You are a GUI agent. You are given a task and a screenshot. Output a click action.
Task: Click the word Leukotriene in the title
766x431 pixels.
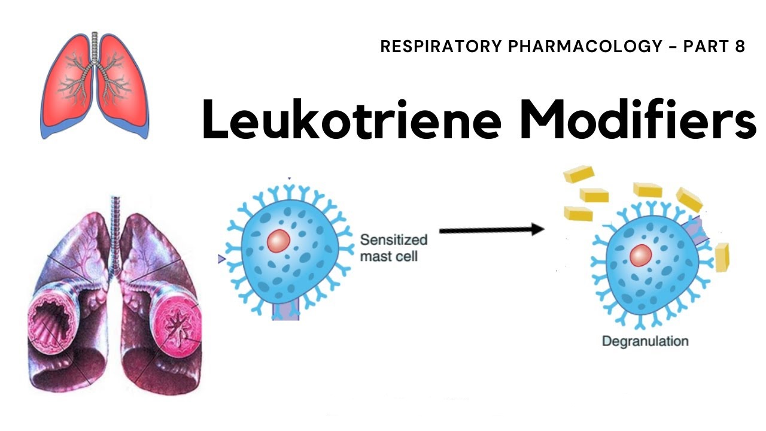click(x=352, y=119)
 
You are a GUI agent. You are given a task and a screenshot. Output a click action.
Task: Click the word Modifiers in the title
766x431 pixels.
click(x=637, y=119)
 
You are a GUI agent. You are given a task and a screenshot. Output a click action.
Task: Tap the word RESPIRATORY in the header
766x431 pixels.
click(x=441, y=46)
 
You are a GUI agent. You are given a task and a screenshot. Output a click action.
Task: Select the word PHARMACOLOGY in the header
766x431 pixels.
click(x=585, y=46)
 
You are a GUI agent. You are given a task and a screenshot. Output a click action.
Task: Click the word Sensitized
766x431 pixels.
click(x=394, y=240)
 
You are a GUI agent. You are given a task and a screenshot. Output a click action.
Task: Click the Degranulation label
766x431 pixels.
click(x=645, y=341)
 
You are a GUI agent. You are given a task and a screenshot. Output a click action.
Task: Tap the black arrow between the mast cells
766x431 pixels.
click(x=492, y=230)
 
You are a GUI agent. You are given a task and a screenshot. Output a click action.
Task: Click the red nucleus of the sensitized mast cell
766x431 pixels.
click(x=279, y=241)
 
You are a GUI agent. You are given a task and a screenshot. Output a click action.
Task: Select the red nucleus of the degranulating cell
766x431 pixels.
click(x=641, y=256)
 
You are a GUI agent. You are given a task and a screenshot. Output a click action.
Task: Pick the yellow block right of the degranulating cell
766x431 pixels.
click(x=722, y=257)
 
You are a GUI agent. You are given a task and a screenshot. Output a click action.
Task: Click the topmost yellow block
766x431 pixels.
click(x=579, y=174)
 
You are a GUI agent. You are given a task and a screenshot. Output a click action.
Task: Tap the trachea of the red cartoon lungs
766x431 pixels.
click(x=95, y=48)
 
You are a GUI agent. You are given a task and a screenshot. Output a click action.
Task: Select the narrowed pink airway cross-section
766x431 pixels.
click(x=177, y=325)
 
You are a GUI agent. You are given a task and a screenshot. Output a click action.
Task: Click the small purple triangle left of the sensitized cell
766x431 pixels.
click(x=221, y=259)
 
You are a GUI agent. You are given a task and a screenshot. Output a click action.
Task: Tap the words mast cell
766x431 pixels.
click(x=389, y=257)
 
